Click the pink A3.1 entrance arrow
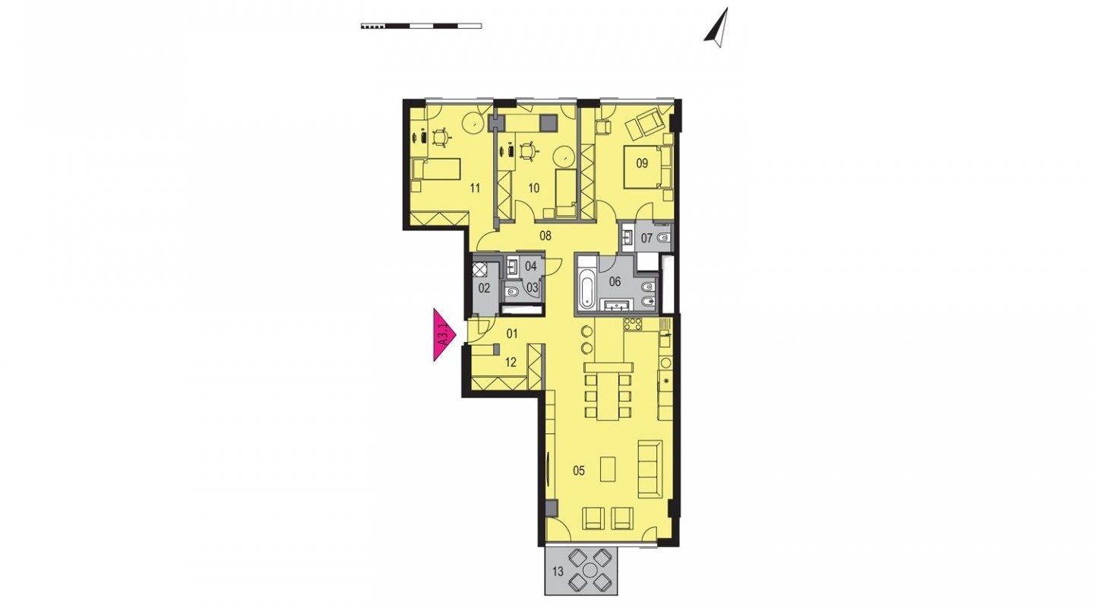(444, 334)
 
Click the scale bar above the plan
(421, 26)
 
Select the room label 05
(579, 471)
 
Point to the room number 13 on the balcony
(558, 571)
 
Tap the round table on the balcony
(590, 570)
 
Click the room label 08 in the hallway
(545, 236)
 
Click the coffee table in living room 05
(608, 469)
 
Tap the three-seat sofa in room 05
(650, 470)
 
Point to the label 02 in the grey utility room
(484, 288)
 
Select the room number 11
(475, 188)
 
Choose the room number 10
(534, 188)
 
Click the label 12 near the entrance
(511, 362)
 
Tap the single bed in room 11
(436, 169)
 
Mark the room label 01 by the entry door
(511, 334)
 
